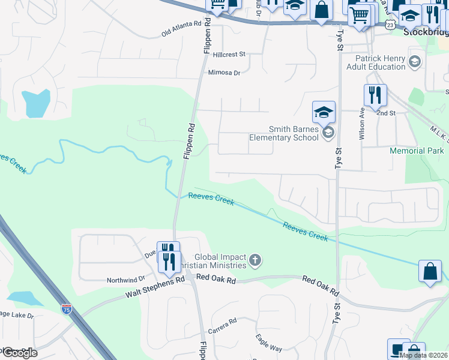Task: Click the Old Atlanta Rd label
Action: pyautogui.click(x=181, y=29)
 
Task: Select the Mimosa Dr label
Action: pyautogui.click(x=223, y=73)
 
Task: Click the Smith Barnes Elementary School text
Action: pyautogui.click(x=284, y=133)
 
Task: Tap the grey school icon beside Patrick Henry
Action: pyautogui.click(x=414, y=62)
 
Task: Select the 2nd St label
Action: pyautogui.click(x=386, y=113)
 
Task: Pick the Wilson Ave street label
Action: pyautogui.click(x=361, y=124)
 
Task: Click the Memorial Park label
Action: pyautogui.click(x=417, y=151)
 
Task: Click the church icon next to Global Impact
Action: pyautogui.click(x=255, y=260)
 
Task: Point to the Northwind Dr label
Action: pyautogui.click(x=126, y=280)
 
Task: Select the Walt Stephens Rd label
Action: pyautogui.click(x=154, y=289)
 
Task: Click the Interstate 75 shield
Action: pyautogui.click(x=66, y=309)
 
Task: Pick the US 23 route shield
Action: pyautogui.click(x=390, y=25)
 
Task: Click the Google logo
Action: pyautogui.click(x=19, y=352)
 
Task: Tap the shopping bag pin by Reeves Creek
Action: pyautogui.click(x=431, y=272)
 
